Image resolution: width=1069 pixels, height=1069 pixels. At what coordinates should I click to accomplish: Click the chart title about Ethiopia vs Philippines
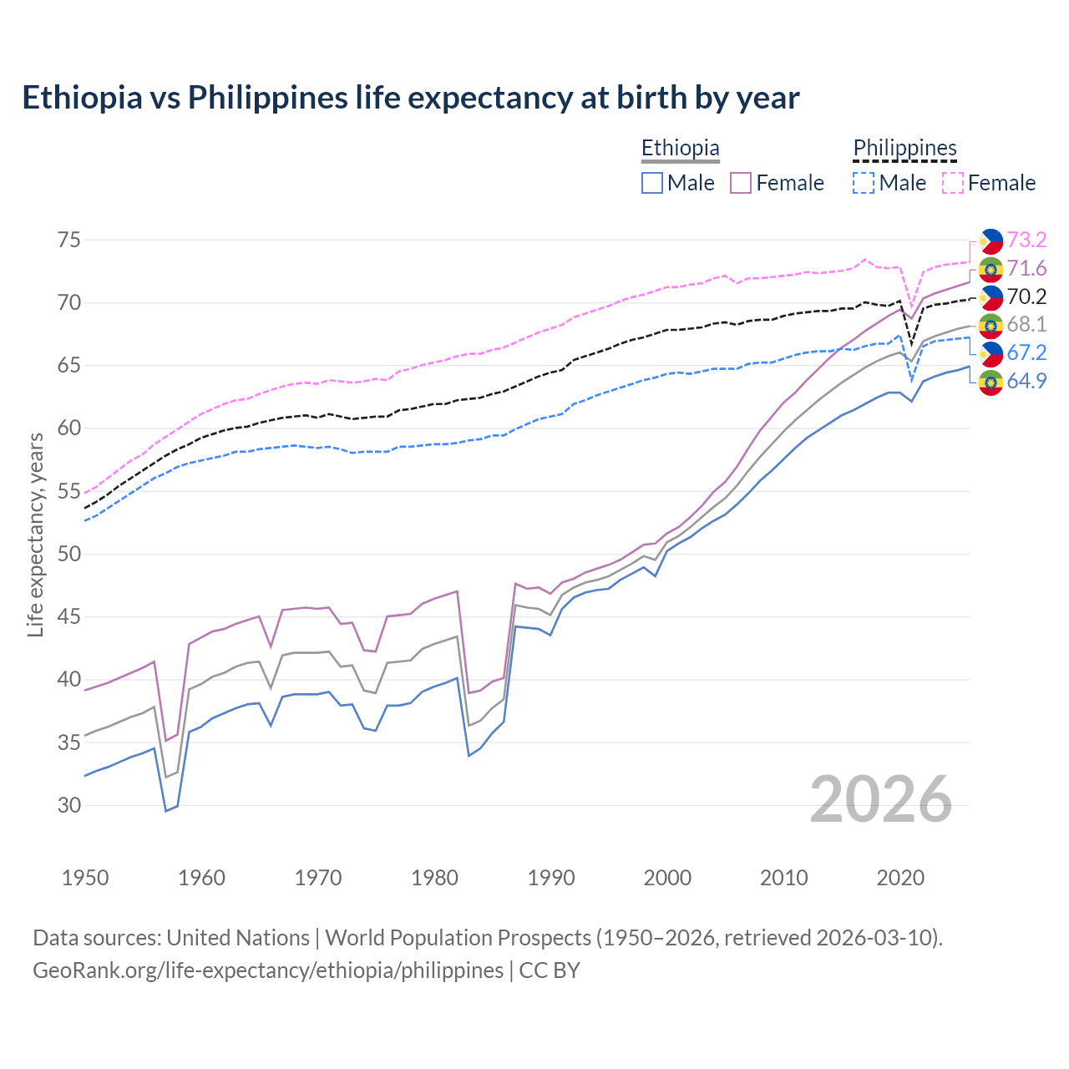point(410,98)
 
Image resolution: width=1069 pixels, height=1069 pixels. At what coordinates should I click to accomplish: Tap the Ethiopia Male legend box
point(652,183)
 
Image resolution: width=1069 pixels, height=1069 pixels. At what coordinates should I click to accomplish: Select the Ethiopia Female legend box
point(741,183)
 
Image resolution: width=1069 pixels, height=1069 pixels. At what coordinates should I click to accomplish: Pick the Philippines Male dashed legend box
point(864,183)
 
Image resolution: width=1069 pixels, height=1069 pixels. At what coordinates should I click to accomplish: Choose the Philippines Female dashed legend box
point(953,183)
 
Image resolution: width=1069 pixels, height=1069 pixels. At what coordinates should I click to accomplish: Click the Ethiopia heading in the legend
point(680,148)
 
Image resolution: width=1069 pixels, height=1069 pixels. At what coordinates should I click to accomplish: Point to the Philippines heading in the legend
point(904,148)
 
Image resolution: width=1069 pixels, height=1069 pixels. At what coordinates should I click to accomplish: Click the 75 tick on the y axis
point(69,240)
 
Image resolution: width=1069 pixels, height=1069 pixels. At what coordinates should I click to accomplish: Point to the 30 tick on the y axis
point(69,805)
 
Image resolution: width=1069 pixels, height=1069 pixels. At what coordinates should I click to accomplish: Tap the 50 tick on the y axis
point(69,554)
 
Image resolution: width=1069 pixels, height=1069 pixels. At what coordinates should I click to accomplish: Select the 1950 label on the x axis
point(85,878)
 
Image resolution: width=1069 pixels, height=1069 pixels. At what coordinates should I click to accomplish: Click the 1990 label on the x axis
point(551,878)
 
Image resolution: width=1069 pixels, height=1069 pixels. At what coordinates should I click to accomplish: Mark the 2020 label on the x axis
point(900,878)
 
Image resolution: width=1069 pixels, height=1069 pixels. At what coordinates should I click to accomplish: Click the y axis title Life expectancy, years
point(35,534)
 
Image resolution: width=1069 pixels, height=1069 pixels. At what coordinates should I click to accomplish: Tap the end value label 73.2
point(1026,240)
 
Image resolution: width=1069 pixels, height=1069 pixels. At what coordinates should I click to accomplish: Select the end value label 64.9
point(1026,381)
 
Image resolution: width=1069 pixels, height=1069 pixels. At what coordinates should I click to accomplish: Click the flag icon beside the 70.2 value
point(991,296)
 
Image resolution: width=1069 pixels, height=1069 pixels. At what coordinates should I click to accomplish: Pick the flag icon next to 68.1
point(991,325)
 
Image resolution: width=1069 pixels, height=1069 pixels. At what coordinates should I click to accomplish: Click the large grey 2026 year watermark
point(880,799)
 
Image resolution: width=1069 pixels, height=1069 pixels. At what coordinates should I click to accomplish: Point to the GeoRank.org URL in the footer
point(268,970)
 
